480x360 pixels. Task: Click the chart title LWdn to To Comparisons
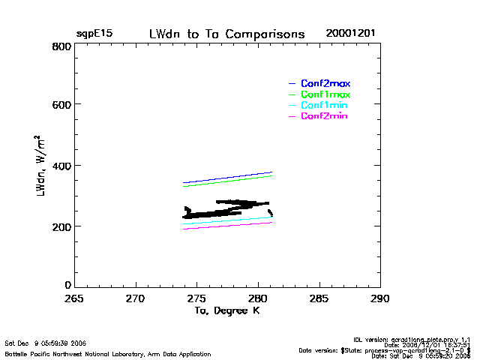click(226, 34)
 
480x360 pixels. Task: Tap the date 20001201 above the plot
click(350, 34)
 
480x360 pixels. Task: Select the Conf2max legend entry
click(325, 83)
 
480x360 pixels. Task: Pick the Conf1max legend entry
click(325, 94)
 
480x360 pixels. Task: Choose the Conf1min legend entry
click(324, 106)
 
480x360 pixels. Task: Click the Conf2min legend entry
click(324, 116)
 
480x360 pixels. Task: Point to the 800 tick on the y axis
click(61, 46)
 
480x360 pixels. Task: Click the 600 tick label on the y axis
click(61, 105)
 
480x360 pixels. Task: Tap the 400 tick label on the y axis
click(61, 166)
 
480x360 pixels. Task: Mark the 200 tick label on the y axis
click(61, 226)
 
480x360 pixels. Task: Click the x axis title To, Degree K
click(226, 311)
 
